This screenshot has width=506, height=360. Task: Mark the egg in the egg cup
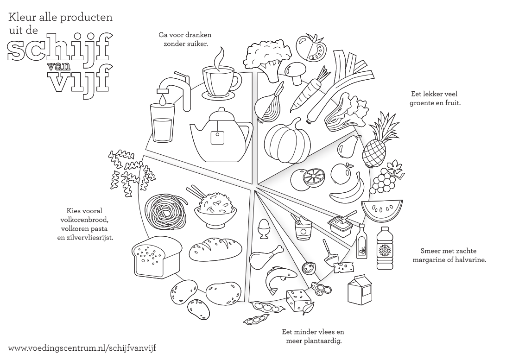tap(264, 228)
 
